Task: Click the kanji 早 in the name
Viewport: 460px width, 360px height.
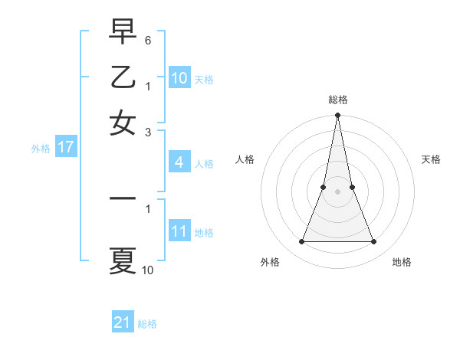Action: click(x=123, y=33)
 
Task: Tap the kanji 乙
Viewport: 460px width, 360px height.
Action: click(x=123, y=78)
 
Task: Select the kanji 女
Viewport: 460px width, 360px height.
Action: click(x=123, y=123)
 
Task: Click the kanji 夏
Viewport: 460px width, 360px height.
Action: click(x=123, y=260)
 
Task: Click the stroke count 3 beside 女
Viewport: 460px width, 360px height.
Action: click(x=148, y=132)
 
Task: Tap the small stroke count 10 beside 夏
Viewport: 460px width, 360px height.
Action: click(x=148, y=270)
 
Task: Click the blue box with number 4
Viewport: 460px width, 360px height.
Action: click(x=179, y=162)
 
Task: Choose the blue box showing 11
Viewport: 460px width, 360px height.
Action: click(x=179, y=231)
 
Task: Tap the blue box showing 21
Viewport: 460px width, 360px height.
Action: click(x=123, y=322)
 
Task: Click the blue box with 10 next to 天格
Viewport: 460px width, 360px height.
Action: click(x=179, y=78)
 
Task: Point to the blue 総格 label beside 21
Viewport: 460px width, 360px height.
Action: click(x=147, y=324)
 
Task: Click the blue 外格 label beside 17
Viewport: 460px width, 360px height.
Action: click(x=41, y=149)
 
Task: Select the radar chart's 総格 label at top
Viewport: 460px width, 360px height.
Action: click(x=337, y=100)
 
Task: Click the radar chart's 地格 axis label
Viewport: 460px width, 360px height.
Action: click(x=402, y=263)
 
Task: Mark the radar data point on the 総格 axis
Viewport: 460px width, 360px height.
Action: click(x=337, y=116)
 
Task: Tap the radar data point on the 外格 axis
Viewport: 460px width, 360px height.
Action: click(x=301, y=242)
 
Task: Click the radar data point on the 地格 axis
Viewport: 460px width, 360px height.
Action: click(x=374, y=242)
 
